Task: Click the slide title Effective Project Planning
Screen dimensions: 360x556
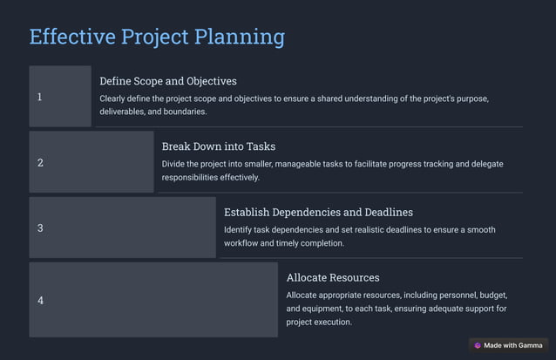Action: coord(157,37)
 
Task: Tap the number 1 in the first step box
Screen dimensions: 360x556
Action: coord(39,97)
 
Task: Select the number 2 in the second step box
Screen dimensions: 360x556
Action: coord(40,162)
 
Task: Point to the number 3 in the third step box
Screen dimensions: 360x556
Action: coord(40,228)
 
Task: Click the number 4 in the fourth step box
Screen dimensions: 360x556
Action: coord(40,301)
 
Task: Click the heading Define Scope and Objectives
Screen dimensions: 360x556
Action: coord(168,81)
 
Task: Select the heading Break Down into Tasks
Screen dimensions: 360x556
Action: coord(219,146)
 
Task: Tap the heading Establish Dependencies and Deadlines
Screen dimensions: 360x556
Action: coord(318,212)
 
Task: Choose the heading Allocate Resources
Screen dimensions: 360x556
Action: coord(333,277)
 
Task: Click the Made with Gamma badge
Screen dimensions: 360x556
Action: coord(508,345)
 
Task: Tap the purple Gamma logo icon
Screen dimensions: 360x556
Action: coord(478,345)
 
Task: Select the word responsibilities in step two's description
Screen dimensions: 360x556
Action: coord(196,177)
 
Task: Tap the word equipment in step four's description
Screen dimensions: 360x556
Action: coord(326,309)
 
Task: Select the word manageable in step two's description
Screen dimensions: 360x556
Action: coord(324,164)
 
